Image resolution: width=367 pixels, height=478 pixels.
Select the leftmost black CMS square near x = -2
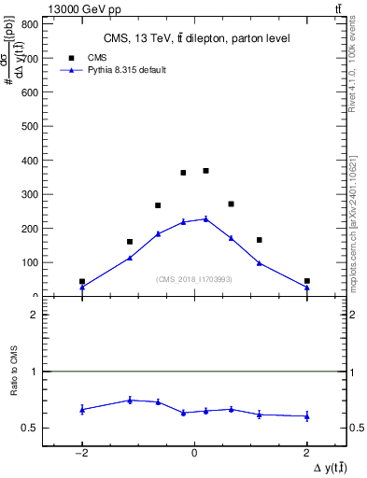(82, 281)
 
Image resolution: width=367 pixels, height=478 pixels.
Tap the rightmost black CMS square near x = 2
(306, 281)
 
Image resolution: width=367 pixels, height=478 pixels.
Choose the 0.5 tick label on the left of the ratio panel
(30, 429)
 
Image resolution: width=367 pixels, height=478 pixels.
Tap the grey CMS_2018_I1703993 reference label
(194, 279)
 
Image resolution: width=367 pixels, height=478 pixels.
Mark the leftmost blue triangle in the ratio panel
(82, 409)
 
